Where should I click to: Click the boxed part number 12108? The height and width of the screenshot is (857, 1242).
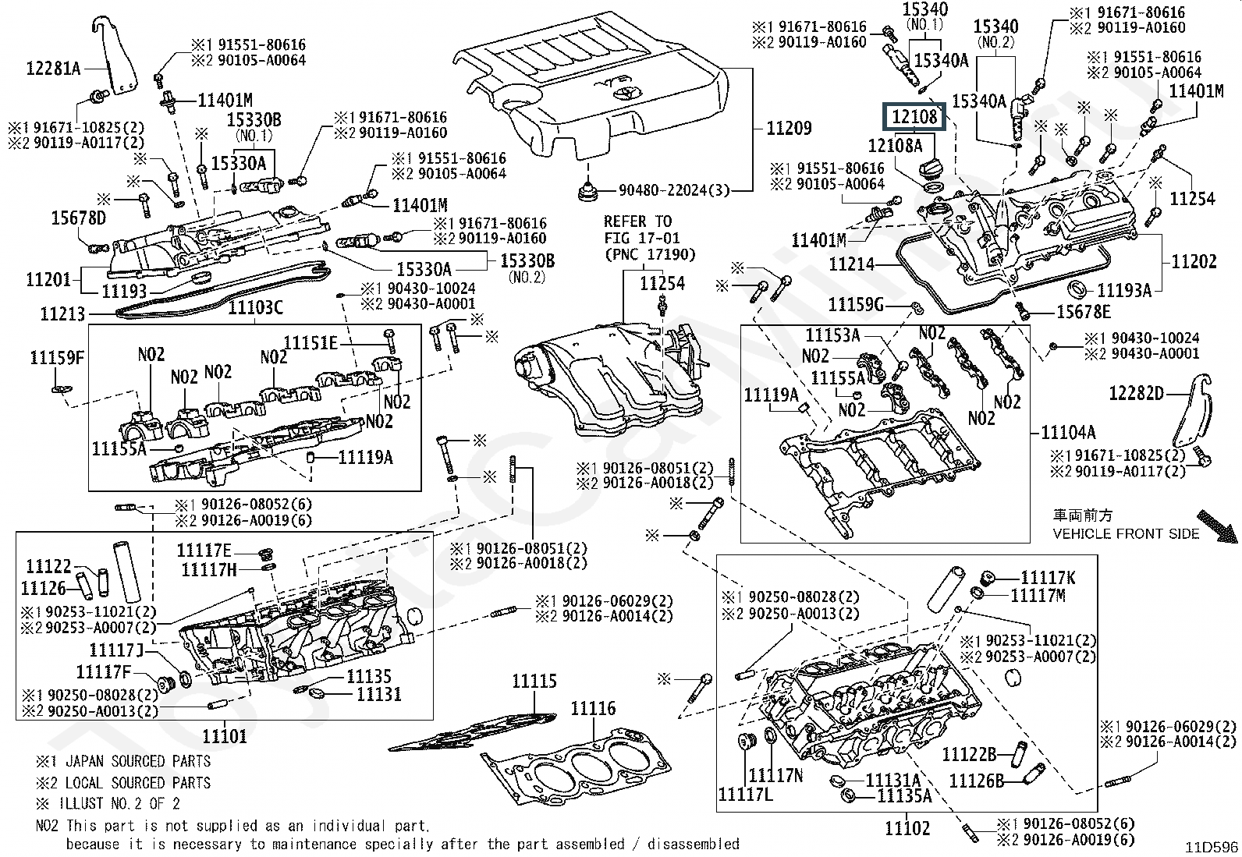point(914,117)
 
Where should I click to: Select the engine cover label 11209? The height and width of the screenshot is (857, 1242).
point(789,129)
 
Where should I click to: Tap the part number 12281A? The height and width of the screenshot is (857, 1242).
point(53,68)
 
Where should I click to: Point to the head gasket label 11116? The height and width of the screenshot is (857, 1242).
point(593,709)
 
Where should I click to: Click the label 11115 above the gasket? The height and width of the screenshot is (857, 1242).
point(534,682)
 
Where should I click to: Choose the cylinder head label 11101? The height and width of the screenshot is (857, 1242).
point(224,735)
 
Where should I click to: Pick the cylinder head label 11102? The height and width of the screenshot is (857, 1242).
point(908,827)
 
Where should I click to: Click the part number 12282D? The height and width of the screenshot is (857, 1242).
point(1136,393)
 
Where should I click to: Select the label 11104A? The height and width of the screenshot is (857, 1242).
point(1068,432)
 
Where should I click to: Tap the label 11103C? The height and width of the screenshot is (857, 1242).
point(255,308)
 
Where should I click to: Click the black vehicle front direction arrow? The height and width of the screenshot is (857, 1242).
point(1217,526)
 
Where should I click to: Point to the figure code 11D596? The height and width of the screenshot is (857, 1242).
point(1212,847)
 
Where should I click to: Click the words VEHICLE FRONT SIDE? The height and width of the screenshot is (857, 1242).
point(1126,534)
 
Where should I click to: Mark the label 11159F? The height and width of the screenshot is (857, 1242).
point(56,358)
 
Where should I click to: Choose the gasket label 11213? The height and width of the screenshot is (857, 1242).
point(62,314)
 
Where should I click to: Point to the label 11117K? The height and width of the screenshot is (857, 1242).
point(1048,578)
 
